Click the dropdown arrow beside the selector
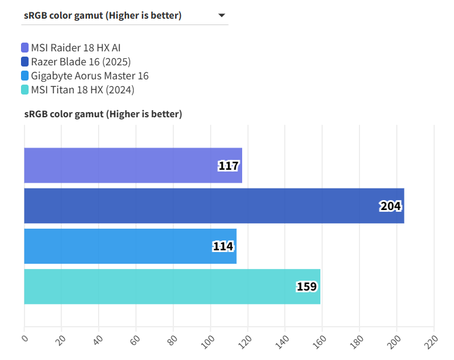coord(222,16)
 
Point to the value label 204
coord(390,206)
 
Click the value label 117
coord(228,166)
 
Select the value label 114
coord(223,246)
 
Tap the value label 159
coord(306,286)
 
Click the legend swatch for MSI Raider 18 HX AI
coord(25,48)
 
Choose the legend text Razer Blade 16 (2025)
coord(81,62)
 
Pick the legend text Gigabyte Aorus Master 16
coord(90,76)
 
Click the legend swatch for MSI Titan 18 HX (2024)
coord(25,90)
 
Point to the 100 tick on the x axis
coord(210,338)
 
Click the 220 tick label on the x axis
coord(433,338)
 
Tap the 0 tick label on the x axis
coord(25,337)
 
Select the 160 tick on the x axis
coord(322,338)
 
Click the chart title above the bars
coord(103,114)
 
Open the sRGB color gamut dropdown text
coord(103,16)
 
